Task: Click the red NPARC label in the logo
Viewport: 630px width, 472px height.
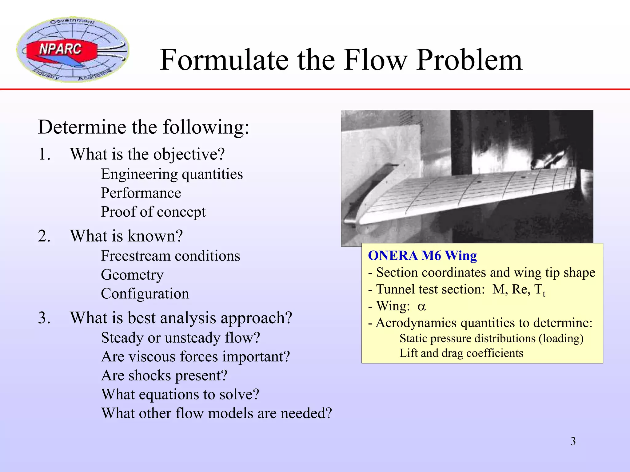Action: click(x=60, y=49)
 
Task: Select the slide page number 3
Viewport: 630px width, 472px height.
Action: click(x=573, y=441)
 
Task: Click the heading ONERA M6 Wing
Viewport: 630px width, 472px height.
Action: click(x=422, y=256)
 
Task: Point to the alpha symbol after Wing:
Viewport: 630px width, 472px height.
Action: click(x=422, y=306)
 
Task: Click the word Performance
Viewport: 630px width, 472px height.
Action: click(x=141, y=193)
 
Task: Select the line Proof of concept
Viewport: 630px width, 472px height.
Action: click(x=153, y=212)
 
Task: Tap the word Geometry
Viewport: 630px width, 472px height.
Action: click(x=132, y=275)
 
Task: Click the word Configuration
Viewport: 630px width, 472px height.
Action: click(x=145, y=294)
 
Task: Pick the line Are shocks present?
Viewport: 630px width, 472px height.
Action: click(x=164, y=376)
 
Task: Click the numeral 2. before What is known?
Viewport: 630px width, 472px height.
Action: click(x=44, y=236)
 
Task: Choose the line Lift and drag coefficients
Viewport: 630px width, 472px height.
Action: click(x=461, y=353)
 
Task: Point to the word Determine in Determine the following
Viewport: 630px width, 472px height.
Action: click(x=82, y=127)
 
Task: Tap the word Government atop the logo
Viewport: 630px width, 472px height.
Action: click(x=73, y=21)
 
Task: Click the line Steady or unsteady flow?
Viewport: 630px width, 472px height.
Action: click(x=181, y=338)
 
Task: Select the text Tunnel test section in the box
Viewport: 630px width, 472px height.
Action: click(x=430, y=289)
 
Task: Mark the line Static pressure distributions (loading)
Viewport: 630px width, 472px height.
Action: click(x=491, y=338)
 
